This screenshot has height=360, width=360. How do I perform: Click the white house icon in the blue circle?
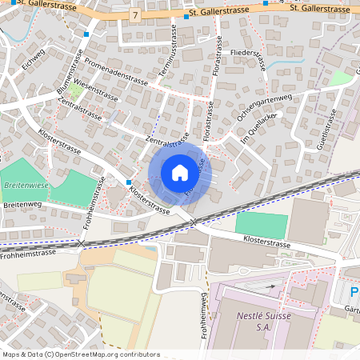[179, 173]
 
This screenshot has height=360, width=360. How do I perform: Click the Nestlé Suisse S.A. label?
[262, 321]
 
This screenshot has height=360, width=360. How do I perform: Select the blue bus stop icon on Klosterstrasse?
[129, 182]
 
